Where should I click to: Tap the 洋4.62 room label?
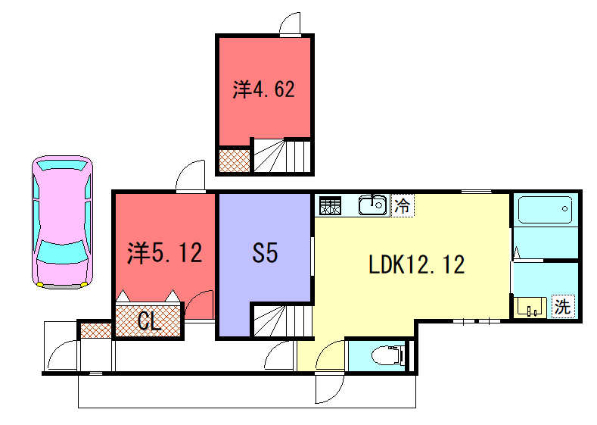click(x=263, y=90)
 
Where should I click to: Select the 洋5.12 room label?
click(x=165, y=253)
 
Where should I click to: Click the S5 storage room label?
click(x=265, y=253)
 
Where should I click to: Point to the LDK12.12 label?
click(x=416, y=264)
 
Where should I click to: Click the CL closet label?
click(x=149, y=322)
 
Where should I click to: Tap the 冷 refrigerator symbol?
click(x=403, y=205)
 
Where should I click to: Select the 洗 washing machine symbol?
click(x=562, y=307)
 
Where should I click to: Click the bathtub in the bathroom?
click(x=544, y=210)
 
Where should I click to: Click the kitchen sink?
click(x=371, y=205)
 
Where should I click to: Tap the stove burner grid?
click(x=330, y=205)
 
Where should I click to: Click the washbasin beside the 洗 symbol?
click(x=530, y=307)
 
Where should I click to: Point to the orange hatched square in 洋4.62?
click(x=234, y=161)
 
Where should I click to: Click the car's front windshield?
click(x=62, y=250)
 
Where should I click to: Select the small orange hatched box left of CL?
click(x=95, y=330)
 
